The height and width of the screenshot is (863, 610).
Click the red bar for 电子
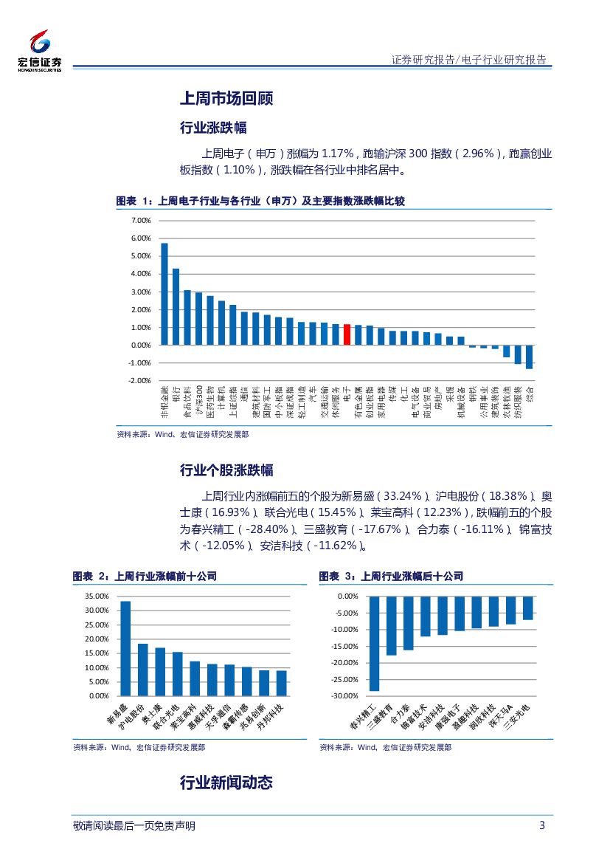pos(347,334)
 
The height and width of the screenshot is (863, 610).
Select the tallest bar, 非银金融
pos(164,294)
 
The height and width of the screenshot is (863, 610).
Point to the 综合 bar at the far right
pos(529,357)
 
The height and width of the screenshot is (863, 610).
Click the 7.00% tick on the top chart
pos(140,221)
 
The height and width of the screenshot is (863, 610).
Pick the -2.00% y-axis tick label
pos(140,381)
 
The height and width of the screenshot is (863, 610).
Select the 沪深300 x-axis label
pos(198,399)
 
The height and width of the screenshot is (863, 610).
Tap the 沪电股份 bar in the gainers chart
pos(143,670)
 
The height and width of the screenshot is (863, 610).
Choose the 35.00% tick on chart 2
pos(97,596)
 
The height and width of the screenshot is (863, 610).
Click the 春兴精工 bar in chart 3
pos(374,643)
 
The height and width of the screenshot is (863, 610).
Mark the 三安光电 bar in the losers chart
pos(528,608)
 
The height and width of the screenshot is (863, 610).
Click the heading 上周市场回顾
pos(226,98)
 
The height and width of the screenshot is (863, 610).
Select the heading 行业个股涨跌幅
pos(226,470)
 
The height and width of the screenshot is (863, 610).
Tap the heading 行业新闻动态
pos(226,783)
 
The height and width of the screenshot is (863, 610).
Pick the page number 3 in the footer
pos(542,825)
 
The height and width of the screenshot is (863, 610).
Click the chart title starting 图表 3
pos(391,577)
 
